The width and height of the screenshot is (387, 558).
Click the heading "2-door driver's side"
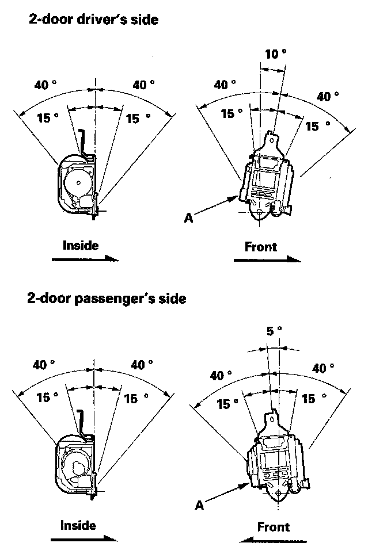pyautogui.click(x=93, y=20)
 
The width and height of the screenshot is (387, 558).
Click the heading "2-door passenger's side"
pyautogui.click(x=107, y=299)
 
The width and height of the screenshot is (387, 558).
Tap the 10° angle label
pyautogui.click(x=275, y=54)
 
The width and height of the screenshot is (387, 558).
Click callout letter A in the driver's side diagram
pyautogui.click(x=189, y=217)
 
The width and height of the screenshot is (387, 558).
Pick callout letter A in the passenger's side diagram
pyautogui.click(x=199, y=505)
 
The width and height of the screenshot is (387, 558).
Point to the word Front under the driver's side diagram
pyautogui.click(x=261, y=247)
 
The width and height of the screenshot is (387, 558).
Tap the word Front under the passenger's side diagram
pyautogui.click(x=273, y=526)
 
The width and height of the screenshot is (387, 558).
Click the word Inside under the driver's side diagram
pyautogui.click(x=81, y=246)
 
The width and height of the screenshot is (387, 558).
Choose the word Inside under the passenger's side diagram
pyautogui.click(x=78, y=525)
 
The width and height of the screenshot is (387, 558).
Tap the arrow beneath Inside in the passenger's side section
pyautogui.click(x=84, y=540)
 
